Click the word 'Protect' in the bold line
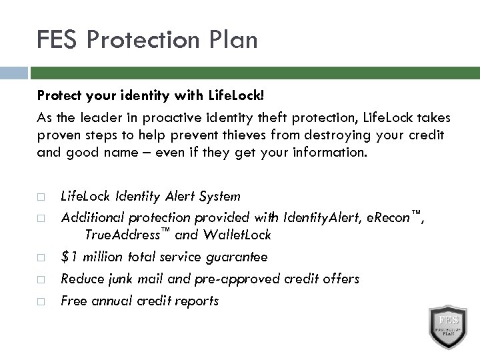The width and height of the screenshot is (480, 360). tap(57, 95)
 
